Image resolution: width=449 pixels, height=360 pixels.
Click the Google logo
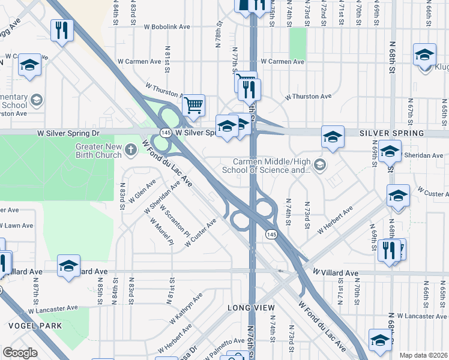(x=20, y=353)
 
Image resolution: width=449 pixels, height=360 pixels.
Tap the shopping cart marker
(x=193, y=106)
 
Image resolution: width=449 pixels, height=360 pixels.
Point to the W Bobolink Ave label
(x=166, y=27)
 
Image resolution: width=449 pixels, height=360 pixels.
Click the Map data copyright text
(x=423, y=355)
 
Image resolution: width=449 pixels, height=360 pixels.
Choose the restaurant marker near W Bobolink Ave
(x=61, y=31)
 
